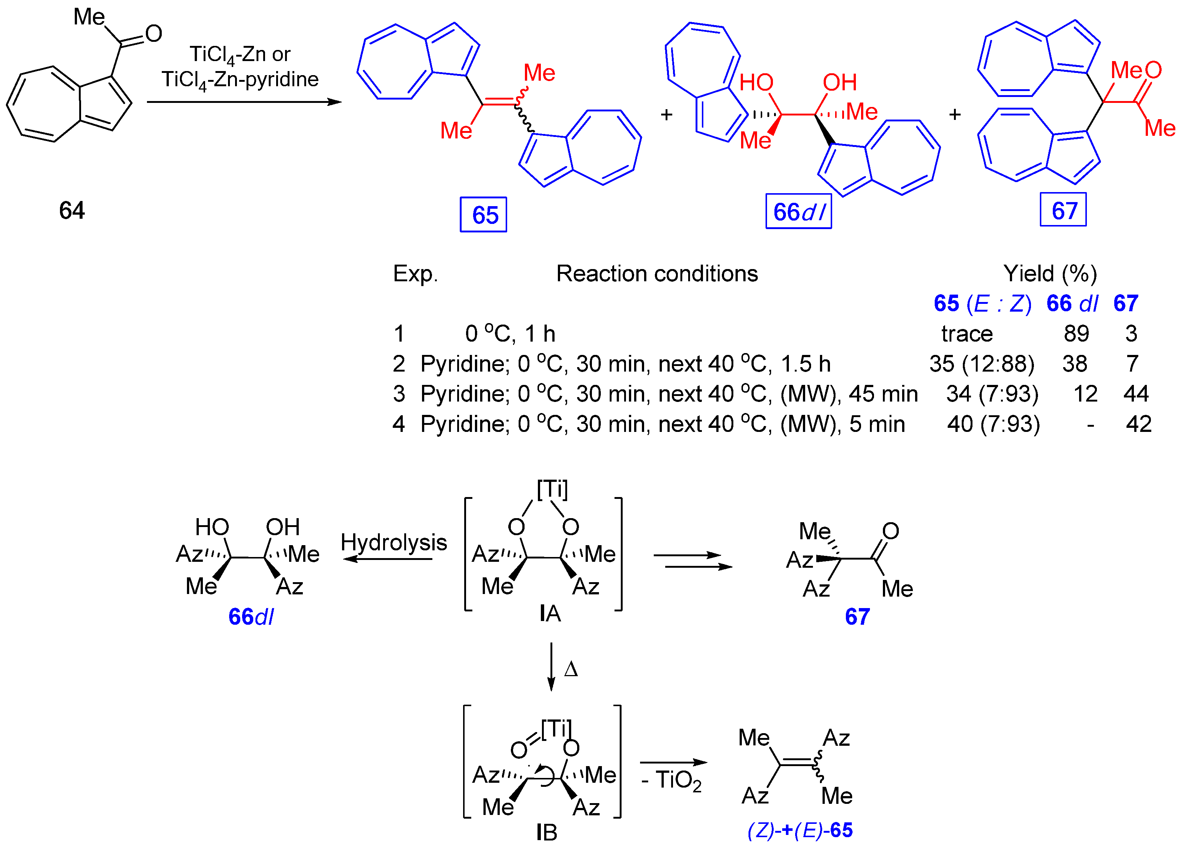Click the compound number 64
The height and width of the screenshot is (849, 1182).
click(71, 211)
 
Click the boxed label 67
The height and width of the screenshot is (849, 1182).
click(1063, 210)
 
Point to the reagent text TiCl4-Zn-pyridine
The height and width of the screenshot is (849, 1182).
click(240, 80)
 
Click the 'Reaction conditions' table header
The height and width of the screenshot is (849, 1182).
click(657, 274)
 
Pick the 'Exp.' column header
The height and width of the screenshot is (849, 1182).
click(415, 274)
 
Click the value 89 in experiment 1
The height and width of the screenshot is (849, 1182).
click(1076, 333)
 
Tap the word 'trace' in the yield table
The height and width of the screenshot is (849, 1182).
click(967, 333)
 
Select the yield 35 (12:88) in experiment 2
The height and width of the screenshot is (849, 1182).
click(982, 364)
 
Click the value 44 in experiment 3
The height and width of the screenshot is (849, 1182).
click(1136, 394)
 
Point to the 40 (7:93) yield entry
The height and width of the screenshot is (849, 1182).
click(993, 424)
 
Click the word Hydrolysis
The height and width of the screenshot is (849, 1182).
click(394, 543)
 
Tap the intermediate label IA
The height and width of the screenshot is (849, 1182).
click(550, 613)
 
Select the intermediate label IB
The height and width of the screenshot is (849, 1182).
click(547, 832)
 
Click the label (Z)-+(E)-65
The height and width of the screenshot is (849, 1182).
click(800, 830)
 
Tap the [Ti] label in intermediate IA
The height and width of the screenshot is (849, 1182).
click(552, 489)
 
